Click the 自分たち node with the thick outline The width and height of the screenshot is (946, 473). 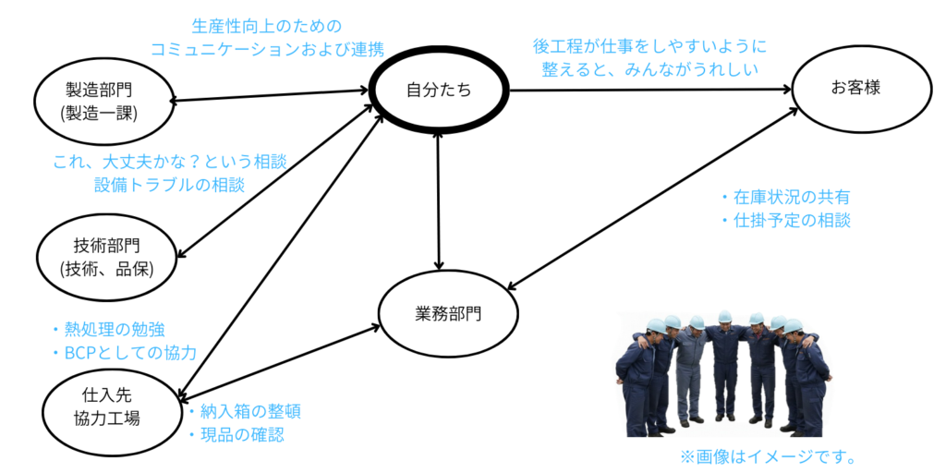coord(439,90)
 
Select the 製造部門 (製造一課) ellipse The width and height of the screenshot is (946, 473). coord(102,102)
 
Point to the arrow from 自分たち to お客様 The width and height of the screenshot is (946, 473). coord(647,90)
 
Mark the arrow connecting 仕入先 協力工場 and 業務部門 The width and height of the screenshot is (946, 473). coord(277,359)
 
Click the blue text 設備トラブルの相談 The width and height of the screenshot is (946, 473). coord(169,185)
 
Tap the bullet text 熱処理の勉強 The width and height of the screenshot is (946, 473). coord(115,330)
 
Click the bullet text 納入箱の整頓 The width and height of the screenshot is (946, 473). coord(244,411)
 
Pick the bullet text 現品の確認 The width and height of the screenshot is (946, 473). coord(236,434)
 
